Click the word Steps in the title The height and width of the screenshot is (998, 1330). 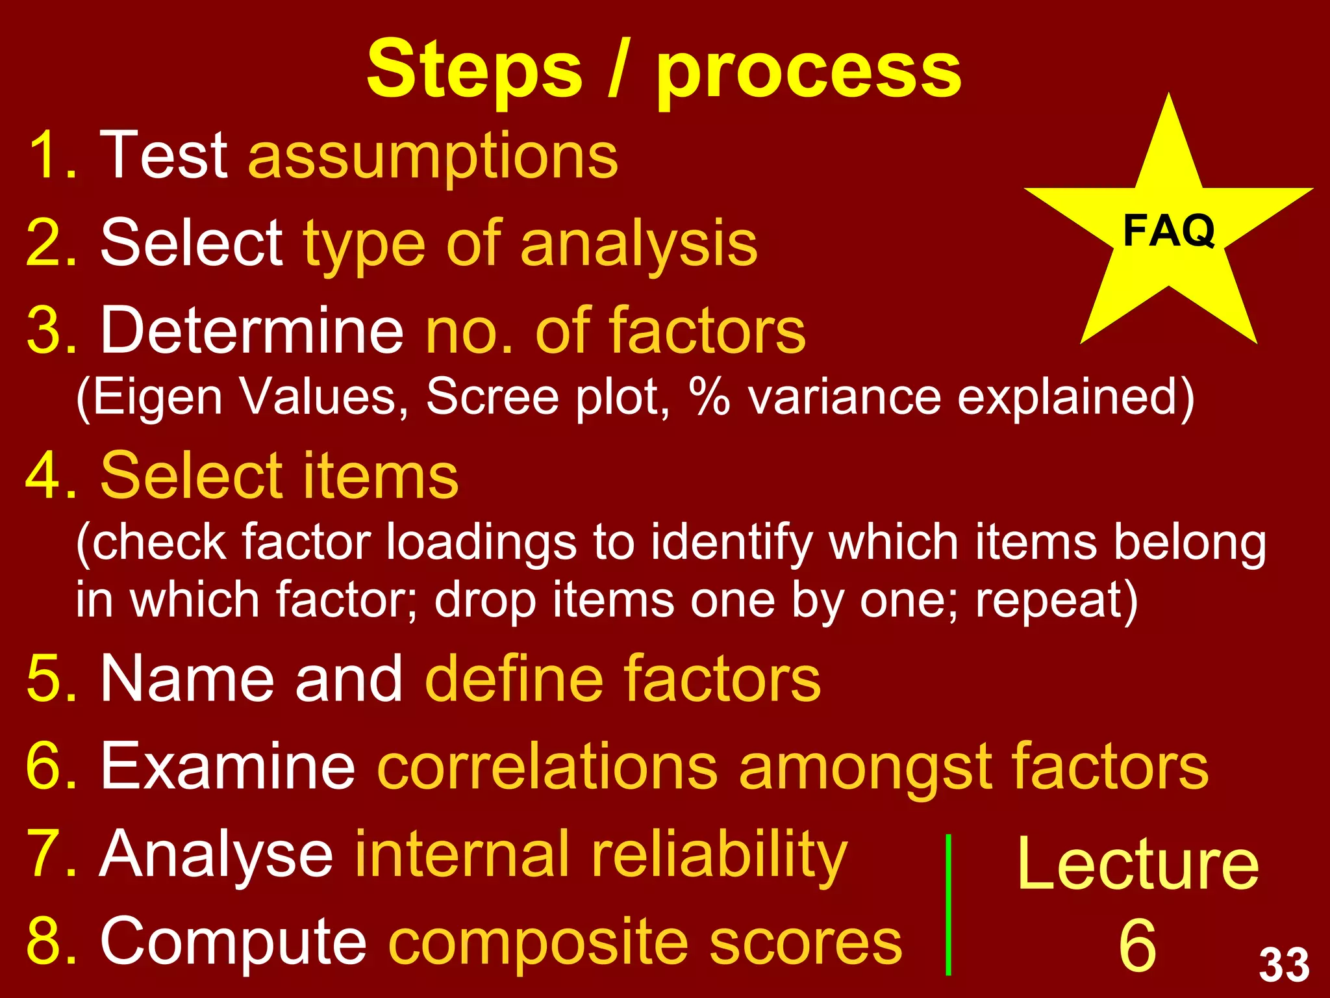(x=474, y=70)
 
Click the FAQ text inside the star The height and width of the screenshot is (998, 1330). (x=1168, y=231)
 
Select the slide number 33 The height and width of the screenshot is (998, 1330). (x=1284, y=965)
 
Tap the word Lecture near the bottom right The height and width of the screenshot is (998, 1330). (x=1138, y=864)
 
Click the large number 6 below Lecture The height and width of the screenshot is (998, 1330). (x=1138, y=945)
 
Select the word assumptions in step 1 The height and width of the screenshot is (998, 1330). (x=433, y=156)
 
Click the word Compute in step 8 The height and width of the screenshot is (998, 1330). (x=234, y=941)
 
